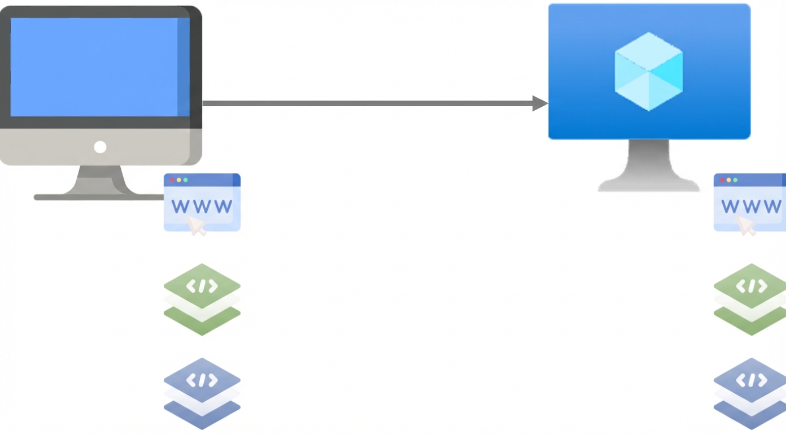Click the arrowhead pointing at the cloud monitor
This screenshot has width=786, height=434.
(x=540, y=103)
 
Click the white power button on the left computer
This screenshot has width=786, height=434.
(x=100, y=147)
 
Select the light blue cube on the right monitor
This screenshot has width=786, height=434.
(x=649, y=71)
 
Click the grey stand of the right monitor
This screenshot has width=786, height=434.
(x=649, y=167)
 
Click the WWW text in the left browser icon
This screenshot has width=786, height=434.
(x=202, y=206)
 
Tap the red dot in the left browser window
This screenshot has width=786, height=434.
(x=172, y=180)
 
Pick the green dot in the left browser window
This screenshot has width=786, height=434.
(x=186, y=180)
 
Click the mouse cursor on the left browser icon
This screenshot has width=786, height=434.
(x=197, y=225)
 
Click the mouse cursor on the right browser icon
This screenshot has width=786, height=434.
(x=746, y=225)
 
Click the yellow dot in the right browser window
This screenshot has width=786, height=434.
(x=728, y=180)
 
